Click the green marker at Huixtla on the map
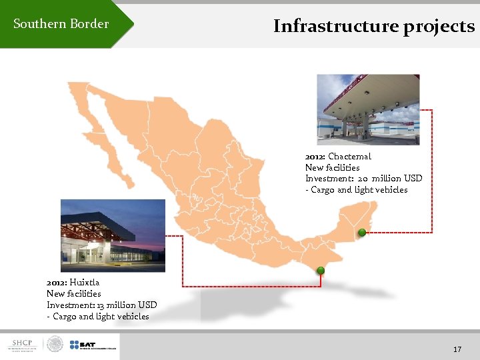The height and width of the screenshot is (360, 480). (x=321, y=270)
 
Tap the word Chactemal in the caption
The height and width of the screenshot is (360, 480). (x=349, y=157)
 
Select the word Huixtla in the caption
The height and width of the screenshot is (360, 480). (x=84, y=282)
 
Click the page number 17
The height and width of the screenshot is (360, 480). (x=457, y=349)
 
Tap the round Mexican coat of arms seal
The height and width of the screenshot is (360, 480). (x=55, y=345)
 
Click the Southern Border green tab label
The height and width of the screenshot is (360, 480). (x=61, y=24)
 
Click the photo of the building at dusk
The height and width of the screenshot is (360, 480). (x=112, y=235)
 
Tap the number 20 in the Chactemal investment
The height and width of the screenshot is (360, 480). (x=363, y=179)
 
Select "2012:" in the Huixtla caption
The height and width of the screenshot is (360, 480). (x=57, y=282)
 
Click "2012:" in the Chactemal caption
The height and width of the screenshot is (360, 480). (x=315, y=157)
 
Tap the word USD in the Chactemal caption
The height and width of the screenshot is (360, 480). (x=413, y=179)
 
